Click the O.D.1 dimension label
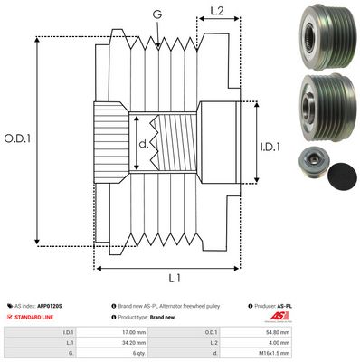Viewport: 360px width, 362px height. [18, 138]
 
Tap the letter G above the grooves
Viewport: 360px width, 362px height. [157, 14]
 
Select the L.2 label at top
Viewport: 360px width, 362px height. [216, 11]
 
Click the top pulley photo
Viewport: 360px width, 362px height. [318, 34]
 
